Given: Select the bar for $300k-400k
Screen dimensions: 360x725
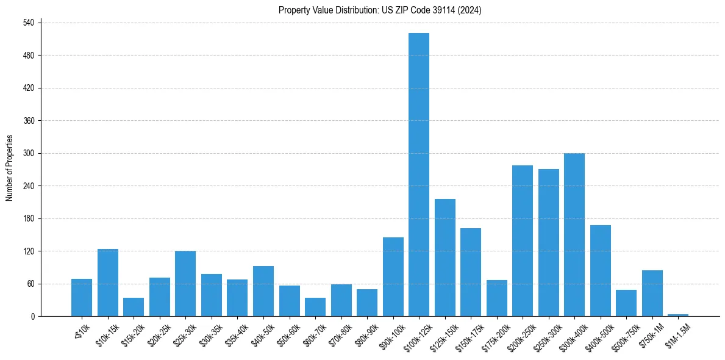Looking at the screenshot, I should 574,235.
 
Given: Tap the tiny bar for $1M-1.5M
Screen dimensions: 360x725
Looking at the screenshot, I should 678,315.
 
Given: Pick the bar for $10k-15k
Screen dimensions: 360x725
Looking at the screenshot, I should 108,283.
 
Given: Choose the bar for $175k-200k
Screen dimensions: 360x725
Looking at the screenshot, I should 497,298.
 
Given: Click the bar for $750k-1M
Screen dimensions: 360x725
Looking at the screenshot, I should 652,293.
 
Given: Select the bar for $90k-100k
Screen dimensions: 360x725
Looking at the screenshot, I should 393,277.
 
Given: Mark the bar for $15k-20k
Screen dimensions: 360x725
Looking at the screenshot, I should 134,307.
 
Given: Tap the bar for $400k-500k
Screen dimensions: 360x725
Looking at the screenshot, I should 601,271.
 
